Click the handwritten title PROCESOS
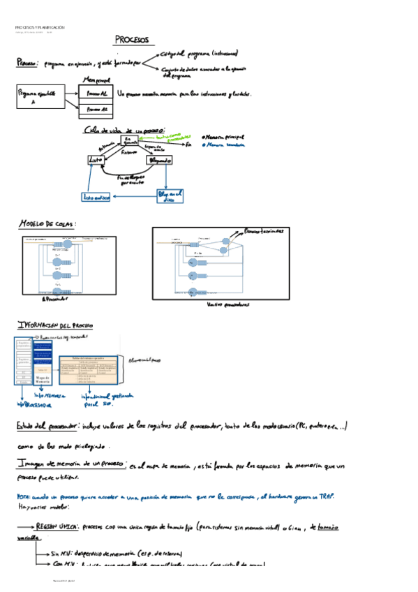pyautogui.click(x=134, y=40)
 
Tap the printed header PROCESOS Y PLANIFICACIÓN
pyautogui.click(x=40, y=27)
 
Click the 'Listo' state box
pyautogui.click(x=95, y=160)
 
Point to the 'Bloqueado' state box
pyautogui.click(x=159, y=160)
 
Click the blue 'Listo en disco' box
pyautogui.click(x=97, y=198)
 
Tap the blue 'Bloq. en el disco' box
pyautogui.click(x=170, y=195)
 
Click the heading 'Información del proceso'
pyautogui.click(x=55, y=325)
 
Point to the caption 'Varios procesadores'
pyautogui.click(x=228, y=304)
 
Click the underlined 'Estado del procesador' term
pyautogui.click(x=47, y=426)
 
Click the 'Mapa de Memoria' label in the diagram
pyautogui.click(x=42, y=381)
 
